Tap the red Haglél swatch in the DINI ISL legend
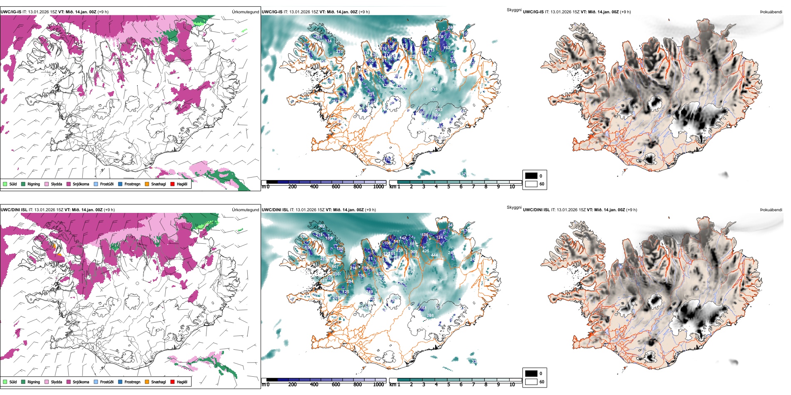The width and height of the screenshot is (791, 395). pos(172,382)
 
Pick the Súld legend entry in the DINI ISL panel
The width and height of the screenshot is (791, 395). pos(10,382)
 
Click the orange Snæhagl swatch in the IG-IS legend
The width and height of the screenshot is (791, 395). pos(147,184)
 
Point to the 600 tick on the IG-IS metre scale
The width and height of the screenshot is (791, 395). pos(336,187)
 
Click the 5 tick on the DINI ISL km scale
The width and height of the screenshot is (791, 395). pos(448,385)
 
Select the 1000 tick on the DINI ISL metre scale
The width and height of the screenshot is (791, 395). pos(378,385)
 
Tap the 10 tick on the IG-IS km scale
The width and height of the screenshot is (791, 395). pos(512,187)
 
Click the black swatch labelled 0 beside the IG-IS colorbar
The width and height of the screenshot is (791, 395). pos(531,176)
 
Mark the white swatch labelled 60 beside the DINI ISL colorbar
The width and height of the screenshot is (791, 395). pos(531,382)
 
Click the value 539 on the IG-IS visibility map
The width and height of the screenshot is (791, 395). pos(434,89)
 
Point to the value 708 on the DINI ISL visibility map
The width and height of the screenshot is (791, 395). pos(430,316)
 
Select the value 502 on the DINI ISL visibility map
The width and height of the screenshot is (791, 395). pos(321,226)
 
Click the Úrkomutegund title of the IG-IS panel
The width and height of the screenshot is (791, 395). pos(245,12)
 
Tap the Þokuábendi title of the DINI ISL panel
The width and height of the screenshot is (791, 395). pos(771,210)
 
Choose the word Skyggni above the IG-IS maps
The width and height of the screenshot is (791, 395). pos(514,10)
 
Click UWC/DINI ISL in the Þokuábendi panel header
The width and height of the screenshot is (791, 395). pos(536,210)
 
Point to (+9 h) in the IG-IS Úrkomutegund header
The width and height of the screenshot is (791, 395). pos(103,12)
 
